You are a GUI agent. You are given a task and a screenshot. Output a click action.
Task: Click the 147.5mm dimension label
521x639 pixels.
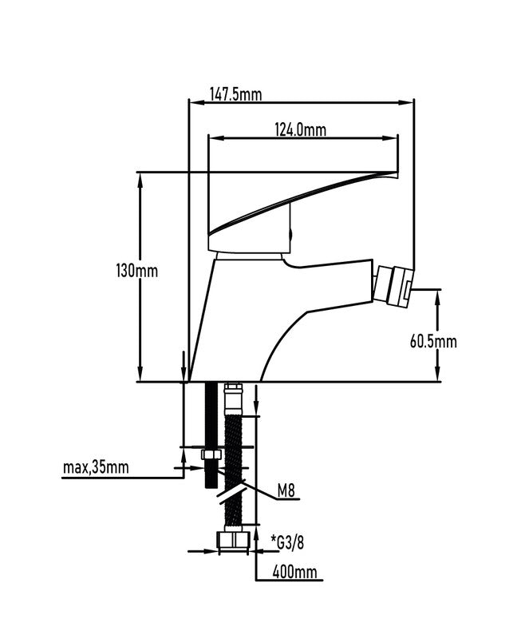pyautogui.click(x=236, y=94)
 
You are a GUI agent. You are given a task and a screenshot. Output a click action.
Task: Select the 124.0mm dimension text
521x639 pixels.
pyautogui.click(x=301, y=130)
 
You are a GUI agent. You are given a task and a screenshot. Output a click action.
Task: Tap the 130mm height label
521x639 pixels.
pyautogui.click(x=136, y=271)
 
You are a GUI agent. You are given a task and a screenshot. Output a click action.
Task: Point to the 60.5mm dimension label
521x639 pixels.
pyautogui.click(x=433, y=342)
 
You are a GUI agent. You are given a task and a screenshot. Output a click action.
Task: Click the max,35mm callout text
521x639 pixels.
pyautogui.click(x=96, y=467)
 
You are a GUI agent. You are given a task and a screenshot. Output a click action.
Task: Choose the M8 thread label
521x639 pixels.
pyautogui.click(x=286, y=491)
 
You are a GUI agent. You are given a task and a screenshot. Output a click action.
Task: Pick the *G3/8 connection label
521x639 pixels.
pyautogui.click(x=288, y=542)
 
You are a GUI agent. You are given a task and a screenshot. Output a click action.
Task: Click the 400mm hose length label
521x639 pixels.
pyautogui.click(x=294, y=572)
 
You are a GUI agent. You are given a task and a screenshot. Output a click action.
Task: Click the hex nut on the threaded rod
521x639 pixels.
pyautogui.click(x=211, y=454)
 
